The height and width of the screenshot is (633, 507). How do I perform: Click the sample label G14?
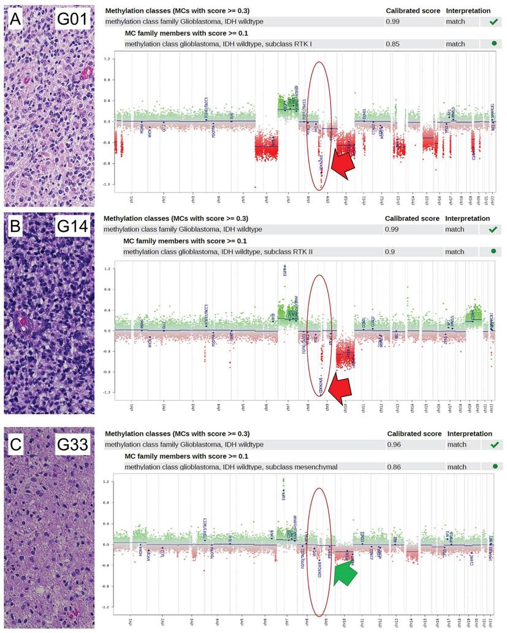coord(75,228)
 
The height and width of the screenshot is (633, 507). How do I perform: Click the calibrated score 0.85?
coord(392,44)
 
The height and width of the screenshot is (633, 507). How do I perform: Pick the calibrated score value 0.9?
coord(390,251)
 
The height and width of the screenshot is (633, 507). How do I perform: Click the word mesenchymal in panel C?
coord(311,467)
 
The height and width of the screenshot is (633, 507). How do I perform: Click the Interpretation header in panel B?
coord(467,218)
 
